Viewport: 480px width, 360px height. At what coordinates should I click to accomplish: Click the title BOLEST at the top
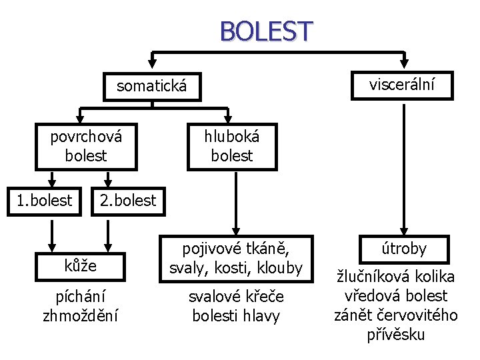tap(265, 31)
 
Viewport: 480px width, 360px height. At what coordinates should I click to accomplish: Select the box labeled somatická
tap(151, 86)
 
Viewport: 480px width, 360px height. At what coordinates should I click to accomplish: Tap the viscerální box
tap(403, 85)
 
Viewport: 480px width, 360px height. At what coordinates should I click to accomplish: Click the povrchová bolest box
tap(87, 146)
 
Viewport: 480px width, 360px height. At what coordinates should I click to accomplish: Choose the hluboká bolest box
tap(233, 146)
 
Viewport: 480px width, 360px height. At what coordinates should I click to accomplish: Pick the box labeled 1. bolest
tap(45, 199)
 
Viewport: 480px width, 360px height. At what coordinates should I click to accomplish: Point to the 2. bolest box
tap(127, 199)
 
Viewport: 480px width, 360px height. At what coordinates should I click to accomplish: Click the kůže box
tap(81, 265)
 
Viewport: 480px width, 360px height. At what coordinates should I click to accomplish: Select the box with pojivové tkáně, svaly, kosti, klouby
tap(236, 258)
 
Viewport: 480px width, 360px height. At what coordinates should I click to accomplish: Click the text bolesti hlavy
tap(236, 315)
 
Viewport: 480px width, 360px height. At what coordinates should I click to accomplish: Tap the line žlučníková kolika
tap(395, 277)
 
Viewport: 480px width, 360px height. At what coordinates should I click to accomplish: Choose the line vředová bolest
tap(395, 296)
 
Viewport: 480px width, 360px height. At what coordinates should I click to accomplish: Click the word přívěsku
tap(395, 334)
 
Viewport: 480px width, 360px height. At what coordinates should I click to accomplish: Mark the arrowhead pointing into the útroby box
tap(403, 230)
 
